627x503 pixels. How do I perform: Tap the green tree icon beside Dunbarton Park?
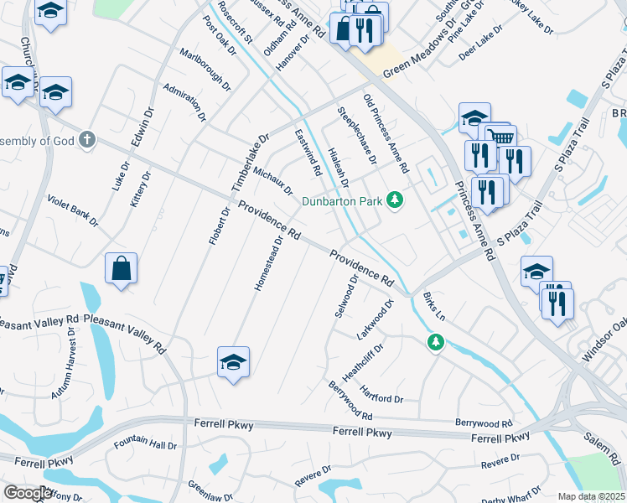point(394,200)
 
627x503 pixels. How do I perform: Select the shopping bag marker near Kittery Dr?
point(121,269)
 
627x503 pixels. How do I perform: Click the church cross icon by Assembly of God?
point(88,141)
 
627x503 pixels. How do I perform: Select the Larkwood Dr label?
point(375,319)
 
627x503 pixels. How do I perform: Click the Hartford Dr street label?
point(381,392)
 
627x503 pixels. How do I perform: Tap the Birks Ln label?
point(434,307)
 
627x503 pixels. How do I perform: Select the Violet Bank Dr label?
point(73,212)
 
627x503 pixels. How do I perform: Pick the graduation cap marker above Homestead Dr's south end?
point(234,362)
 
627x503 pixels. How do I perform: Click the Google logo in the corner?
point(27,493)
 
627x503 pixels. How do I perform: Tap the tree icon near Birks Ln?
point(435,341)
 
